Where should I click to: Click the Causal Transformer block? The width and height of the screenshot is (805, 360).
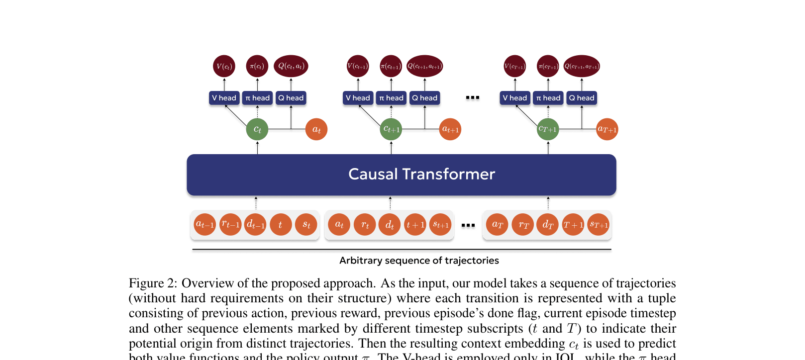(401, 175)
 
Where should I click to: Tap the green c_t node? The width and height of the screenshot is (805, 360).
(257, 129)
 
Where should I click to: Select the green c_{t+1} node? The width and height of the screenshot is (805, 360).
(391, 129)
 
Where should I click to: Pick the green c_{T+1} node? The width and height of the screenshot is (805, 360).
(548, 129)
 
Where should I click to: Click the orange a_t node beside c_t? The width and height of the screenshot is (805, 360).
(316, 129)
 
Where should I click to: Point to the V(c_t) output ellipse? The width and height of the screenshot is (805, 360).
(224, 66)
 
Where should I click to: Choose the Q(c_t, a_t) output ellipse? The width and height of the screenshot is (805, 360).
(291, 66)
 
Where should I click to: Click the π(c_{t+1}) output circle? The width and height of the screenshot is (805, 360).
(391, 66)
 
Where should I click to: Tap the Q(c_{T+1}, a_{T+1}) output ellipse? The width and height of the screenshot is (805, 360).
(582, 66)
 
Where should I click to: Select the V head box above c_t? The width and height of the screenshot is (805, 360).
(224, 98)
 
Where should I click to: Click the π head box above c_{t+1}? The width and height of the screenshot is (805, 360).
(391, 98)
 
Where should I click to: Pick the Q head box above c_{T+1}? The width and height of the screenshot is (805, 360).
(582, 98)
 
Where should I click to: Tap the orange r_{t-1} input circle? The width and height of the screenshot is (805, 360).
(230, 225)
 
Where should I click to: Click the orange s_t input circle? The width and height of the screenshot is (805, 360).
(306, 225)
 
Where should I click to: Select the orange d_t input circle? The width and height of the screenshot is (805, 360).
(390, 225)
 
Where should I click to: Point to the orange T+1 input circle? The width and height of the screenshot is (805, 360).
(573, 225)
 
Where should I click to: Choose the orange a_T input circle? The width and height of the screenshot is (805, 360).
(497, 225)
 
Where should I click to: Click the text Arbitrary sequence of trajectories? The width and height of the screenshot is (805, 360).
(419, 261)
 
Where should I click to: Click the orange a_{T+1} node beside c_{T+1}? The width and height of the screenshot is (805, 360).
(607, 129)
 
